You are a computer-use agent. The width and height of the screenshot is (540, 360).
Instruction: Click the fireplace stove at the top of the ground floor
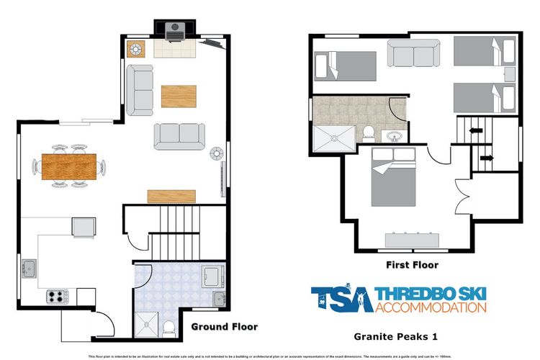[x=174, y=30]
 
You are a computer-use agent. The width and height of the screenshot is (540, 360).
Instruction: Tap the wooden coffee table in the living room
[x=179, y=96]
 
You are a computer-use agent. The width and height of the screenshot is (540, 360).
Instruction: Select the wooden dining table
[x=68, y=166]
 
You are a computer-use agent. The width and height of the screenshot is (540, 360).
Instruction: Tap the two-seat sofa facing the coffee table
[x=179, y=135]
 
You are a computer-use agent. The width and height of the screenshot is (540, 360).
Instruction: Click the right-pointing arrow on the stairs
[x=486, y=157]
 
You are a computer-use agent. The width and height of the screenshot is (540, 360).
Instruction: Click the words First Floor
[x=412, y=264]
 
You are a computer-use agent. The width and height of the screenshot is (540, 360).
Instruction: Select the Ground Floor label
[x=224, y=327]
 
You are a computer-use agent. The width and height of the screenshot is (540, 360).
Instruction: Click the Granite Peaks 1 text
[x=397, y=336]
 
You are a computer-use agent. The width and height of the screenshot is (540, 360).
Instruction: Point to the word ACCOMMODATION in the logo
[x=431, y=307]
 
